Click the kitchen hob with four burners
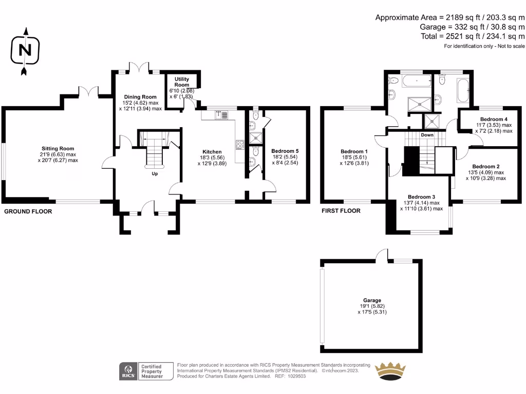[x=239, y=144]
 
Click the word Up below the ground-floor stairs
[x=155, y=174]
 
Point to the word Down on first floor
[x=427, y=135]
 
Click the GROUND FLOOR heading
[x=28, y=211]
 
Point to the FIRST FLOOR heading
[x=341, y=211]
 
